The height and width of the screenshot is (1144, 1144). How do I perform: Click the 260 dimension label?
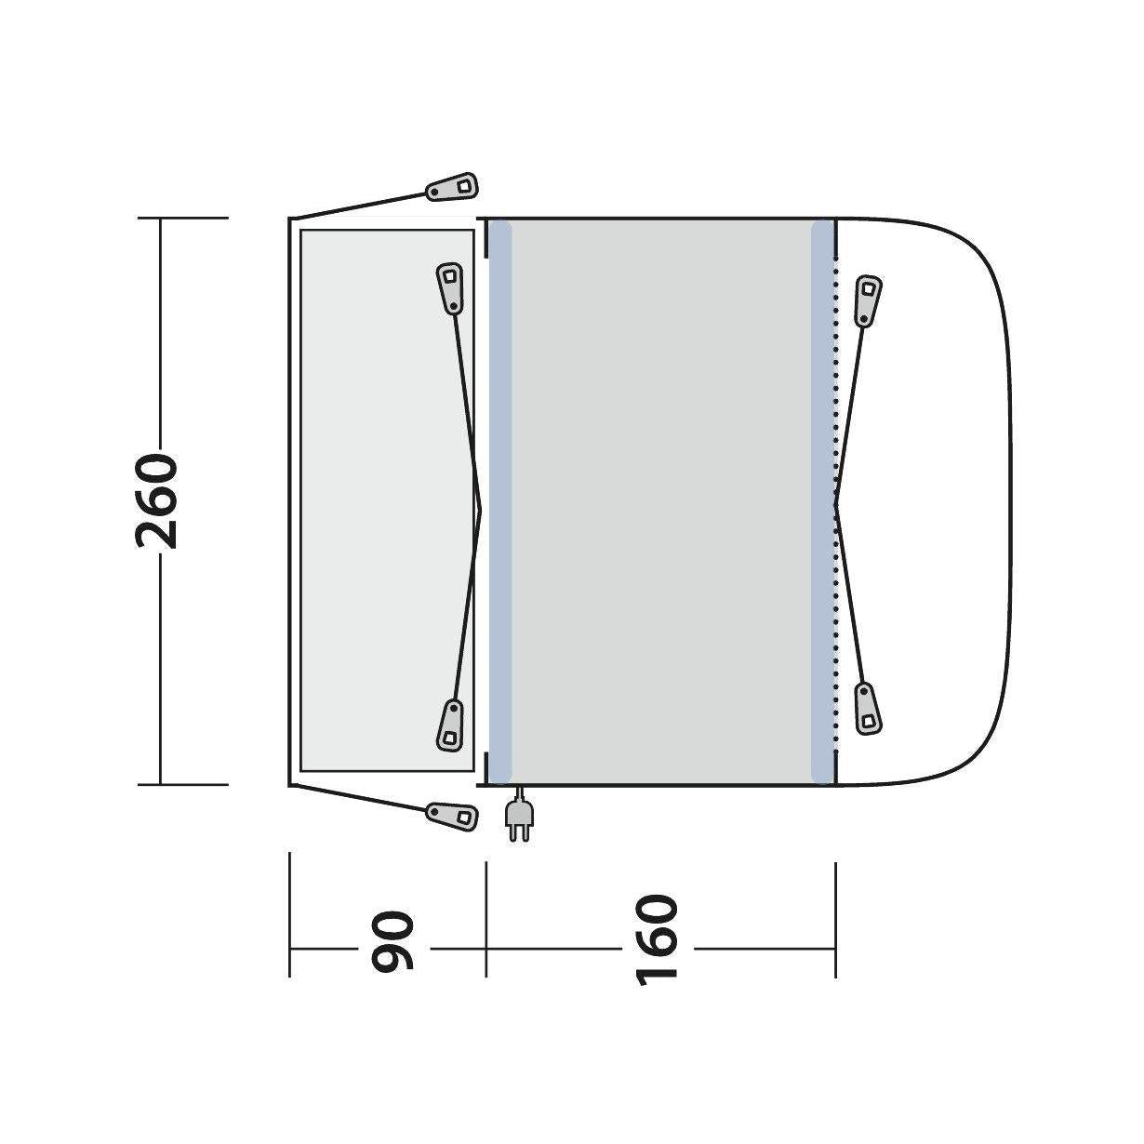157,501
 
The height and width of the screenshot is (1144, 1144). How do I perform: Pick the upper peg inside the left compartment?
450,287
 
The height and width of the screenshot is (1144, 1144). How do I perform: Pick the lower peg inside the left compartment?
450,726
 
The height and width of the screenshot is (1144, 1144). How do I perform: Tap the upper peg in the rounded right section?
868,300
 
